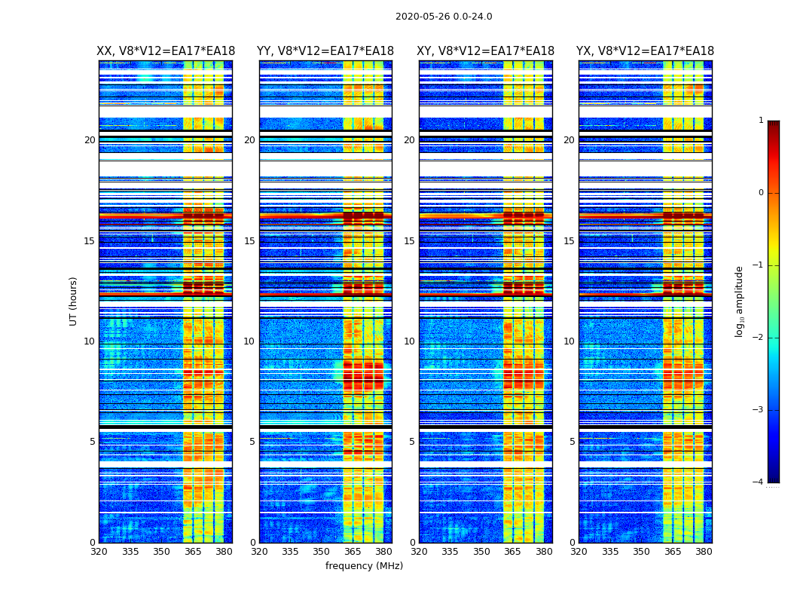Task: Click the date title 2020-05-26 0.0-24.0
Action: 444,17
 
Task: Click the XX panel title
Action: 166,51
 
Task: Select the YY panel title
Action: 325,51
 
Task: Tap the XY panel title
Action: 486,51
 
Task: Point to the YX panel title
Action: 646,51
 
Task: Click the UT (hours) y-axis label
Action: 74,301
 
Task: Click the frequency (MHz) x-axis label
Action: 364,566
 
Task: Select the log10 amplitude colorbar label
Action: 740,301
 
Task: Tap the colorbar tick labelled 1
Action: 761,121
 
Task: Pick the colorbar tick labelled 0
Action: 761,193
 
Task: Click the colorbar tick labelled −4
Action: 759,482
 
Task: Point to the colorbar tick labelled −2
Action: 759,338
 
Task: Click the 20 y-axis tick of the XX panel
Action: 90,140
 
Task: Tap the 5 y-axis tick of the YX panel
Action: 573,442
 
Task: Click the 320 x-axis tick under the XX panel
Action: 99,552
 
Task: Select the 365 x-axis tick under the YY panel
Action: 353,552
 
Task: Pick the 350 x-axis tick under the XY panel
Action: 481,552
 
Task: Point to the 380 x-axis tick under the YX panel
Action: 704,552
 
